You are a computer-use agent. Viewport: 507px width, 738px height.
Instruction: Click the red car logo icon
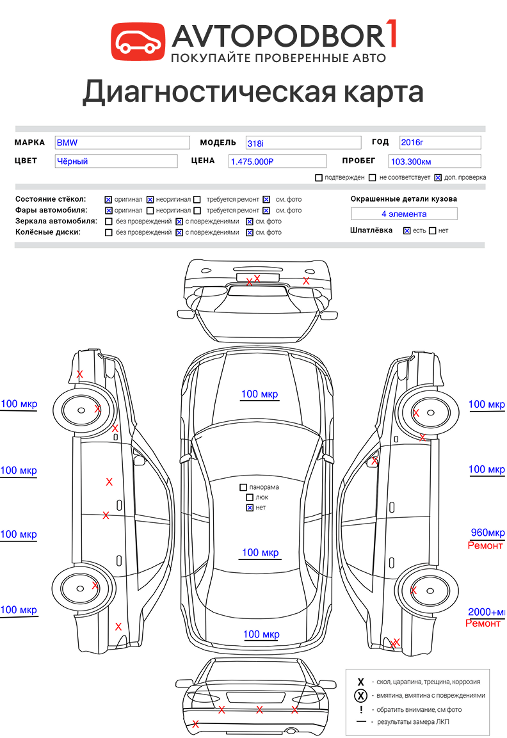[x=138, y=42]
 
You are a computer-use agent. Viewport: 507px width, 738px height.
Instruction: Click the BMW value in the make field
[x=67, y=143]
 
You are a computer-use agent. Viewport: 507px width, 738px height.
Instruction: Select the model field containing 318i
[x=303, y=143]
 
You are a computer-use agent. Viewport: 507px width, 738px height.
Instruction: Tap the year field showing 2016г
[x=440, y=142]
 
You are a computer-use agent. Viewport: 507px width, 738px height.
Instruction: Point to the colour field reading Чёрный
[x=116, y=161]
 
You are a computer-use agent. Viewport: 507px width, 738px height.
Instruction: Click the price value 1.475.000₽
[x=252, y=161]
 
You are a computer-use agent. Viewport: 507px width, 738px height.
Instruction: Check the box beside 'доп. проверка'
[x=438, y=177]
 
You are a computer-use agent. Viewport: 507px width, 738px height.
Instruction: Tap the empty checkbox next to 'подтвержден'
[x=319, y=177]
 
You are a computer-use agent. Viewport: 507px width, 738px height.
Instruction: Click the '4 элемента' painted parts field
[x=404, y=214]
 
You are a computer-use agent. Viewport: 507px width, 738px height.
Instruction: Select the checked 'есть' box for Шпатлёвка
[x=406, y=230]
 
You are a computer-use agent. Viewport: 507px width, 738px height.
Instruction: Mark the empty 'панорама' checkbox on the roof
[x=243, y=487]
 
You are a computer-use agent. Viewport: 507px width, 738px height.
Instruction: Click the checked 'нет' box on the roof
[x=250, y=508]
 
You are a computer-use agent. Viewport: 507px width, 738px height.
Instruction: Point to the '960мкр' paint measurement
[x=488, y=533]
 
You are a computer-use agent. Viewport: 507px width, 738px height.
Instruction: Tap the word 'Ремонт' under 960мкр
[x=485, y=545]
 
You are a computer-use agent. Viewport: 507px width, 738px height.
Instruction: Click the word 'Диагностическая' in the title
[x=209, y=92]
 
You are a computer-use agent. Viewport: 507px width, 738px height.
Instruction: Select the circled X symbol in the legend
[x=360, y=696]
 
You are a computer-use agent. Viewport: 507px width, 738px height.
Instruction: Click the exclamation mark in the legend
[x=361, y=709]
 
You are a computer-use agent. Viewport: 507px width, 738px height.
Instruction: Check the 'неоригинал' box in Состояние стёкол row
[x=150, y=200]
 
